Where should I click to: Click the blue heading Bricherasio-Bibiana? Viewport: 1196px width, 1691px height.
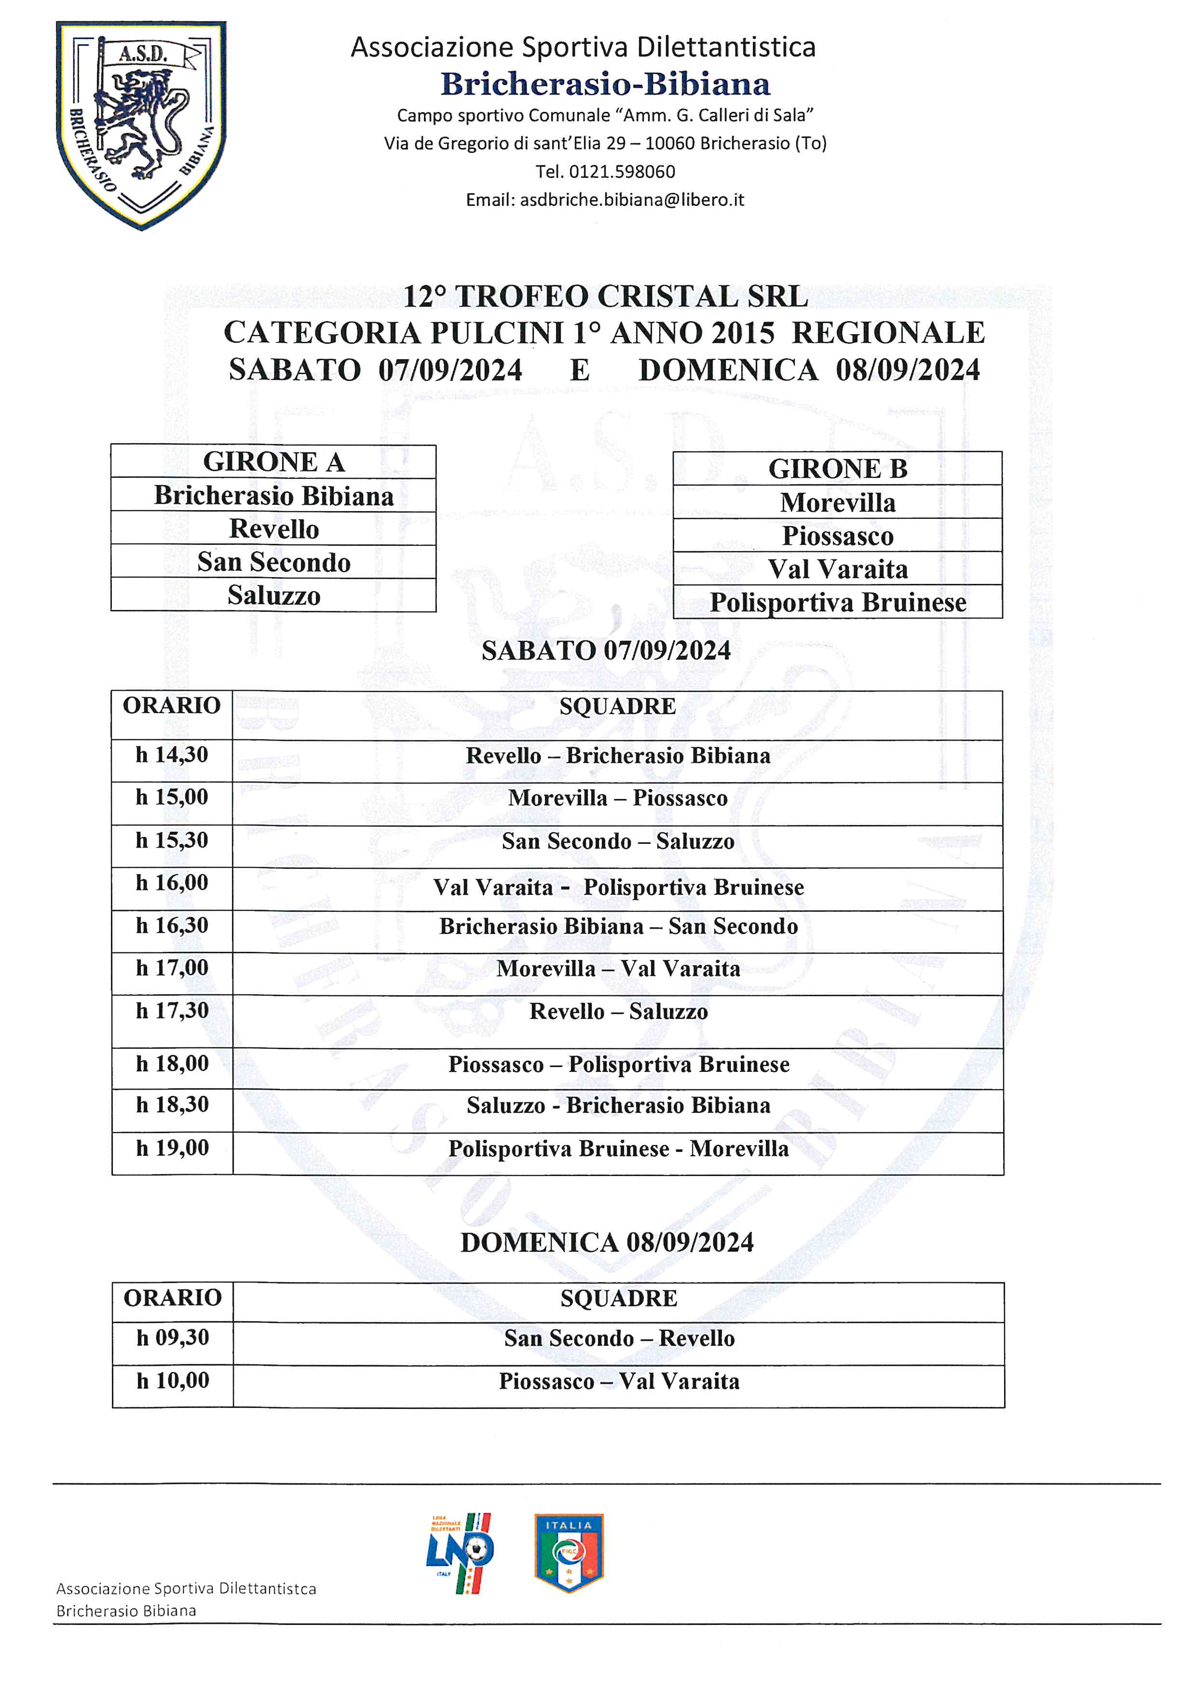tap(605, 85)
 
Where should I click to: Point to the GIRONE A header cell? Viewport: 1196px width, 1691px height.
tap(273, 462)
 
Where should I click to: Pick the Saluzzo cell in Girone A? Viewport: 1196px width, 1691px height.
tap(273, 595)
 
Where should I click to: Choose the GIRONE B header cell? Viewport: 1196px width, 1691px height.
tap(837, 468)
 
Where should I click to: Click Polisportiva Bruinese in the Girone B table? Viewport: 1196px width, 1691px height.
tap(837, 602)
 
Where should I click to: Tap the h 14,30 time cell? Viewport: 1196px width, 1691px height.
tap(172, 755)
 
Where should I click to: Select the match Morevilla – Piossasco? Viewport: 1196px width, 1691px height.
tap(617, 798)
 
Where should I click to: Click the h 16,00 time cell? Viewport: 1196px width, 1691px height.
tap(172, 882)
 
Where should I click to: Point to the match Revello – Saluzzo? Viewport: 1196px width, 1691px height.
tap(618, 1012)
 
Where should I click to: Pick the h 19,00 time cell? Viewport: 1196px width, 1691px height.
tap(172, 1148)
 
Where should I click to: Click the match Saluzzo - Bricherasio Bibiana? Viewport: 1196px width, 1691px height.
tap(618, 1106)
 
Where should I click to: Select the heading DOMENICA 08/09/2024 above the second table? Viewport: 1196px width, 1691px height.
tap(607, 1243)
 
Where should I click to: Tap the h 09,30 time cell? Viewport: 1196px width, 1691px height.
tap(172, 1338)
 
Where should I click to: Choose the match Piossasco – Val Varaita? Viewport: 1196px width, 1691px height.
tap(619, 1381)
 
